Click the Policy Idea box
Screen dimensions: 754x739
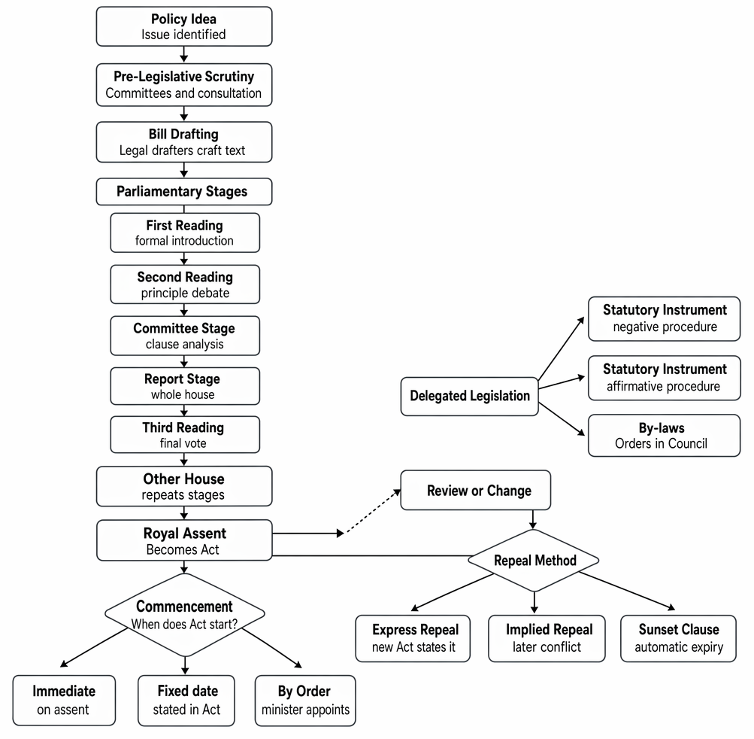pyautogui.click(x=184, y=26)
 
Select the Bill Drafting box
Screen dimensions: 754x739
pyautogui.click(x=184, y=142)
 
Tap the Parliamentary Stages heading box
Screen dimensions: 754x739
pyautogui.click(x=184, y=192)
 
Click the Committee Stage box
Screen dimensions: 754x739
pyautogui.click(x=185, y=336)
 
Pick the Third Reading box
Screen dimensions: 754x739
pyautogui.click(x=185, y=435)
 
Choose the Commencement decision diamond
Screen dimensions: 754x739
pyautogui.click(x=185, y=615)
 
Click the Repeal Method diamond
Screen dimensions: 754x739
pyautogui.click(x=534, y=561)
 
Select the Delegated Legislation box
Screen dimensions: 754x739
pyautogui.click(x=469, y=397)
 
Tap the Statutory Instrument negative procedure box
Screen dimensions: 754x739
pyautogui.click(x=664, y=319)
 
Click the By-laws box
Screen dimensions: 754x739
pyautogui.click(x=664, y=435)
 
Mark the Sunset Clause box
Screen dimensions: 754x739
pyautogui.click(x=678, y=638)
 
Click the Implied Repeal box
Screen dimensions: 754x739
pyautogui.click(x=547, y=638)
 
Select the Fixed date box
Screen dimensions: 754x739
pyautogui.click(x=186, y=701)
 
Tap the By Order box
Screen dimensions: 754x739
pyautogui.click(x=305, y=701)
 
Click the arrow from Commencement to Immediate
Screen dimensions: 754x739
pyautogui.click(x=94, y=647)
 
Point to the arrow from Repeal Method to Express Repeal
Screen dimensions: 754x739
pyautogui.click(x=453, y=592)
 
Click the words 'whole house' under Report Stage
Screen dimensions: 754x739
pyautogui.click(x=183, y=395)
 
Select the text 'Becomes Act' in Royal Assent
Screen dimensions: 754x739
pyautogui.click(x=183, y=550)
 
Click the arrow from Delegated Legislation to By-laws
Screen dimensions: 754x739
pyautogui.click(x=562, y=419)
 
